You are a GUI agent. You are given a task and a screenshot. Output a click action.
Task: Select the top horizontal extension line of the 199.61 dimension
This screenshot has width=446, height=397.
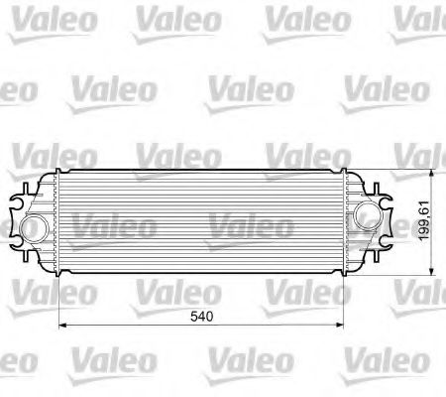coord(406,171)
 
